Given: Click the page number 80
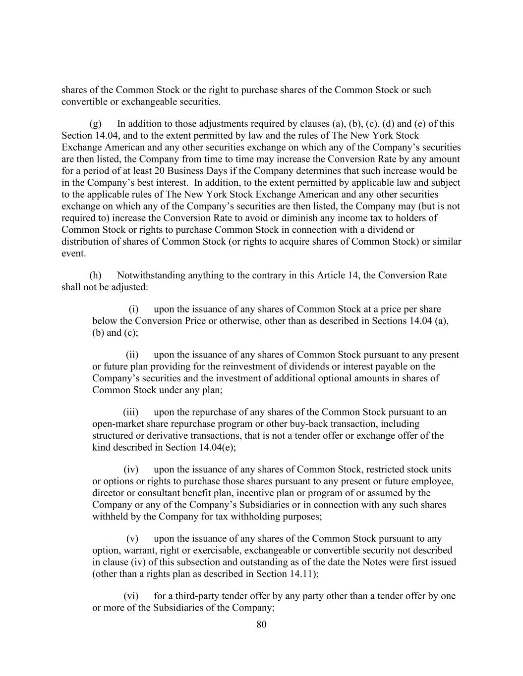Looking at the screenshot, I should [x=261, y=624].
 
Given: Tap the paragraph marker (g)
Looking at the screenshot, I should [x=95, y=124].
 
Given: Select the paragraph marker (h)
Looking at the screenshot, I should [x=95, y=275].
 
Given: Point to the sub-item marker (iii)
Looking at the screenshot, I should [x=131, y=412].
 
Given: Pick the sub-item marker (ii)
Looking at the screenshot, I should [x=132, y=355].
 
